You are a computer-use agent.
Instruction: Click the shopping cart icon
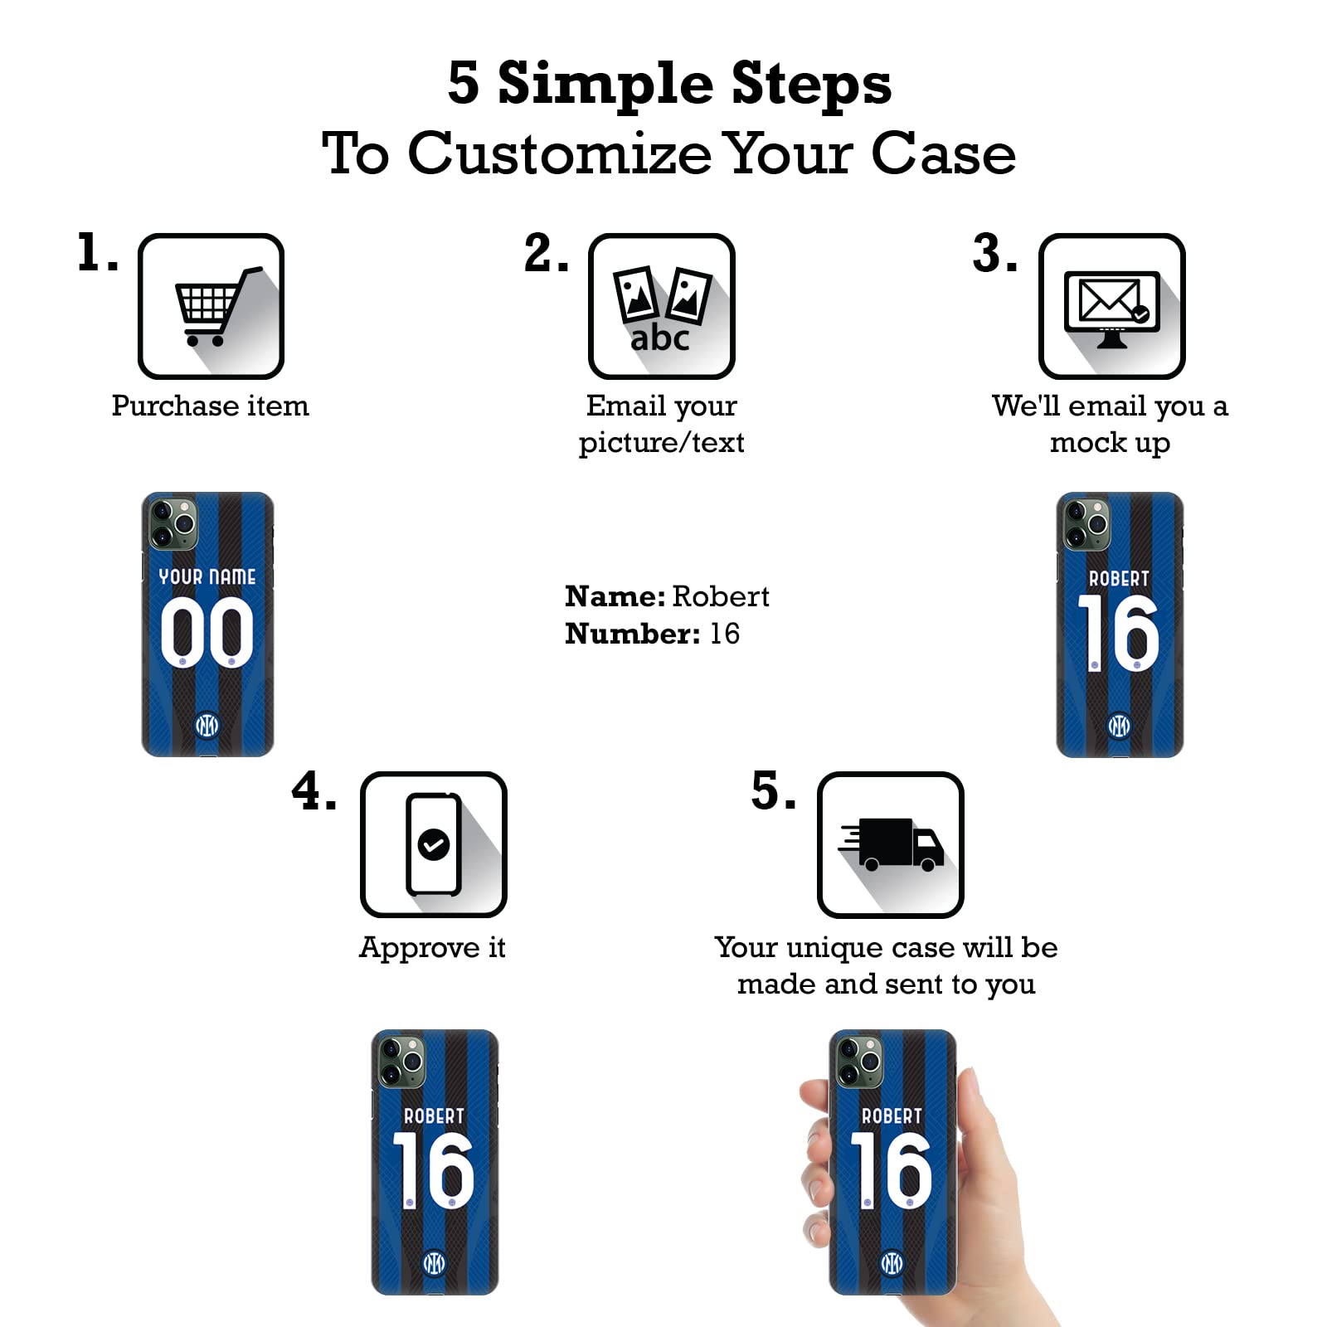pyautogui.click(x=211, y=306)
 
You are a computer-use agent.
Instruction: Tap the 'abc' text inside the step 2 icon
pyautogui.click(x=659, y=338)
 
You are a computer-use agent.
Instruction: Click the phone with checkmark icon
pyautogui.click(x=433, y=844)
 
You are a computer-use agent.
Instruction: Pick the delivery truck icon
pyautogui.click(x=892, y=844)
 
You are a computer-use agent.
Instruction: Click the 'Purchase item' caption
pyautogui.click(x=210, y=406)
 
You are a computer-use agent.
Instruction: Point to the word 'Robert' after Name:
pyautogui.click(x=720, y=596)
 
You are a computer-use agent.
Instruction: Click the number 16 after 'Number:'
pyautogui.click(x=724, y=634)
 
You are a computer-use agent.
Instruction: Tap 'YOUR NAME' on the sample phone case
pyautogui.click(x=207, y=576)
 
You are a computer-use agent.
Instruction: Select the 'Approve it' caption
pyautogui.click(x=432, y=947)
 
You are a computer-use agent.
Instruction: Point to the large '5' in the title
pyautogui.click(x=464, y=83)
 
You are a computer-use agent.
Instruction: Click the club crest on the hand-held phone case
pyautogui.click(x=892, y=1263)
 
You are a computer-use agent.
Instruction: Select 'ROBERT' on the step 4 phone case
pyautogui.click(x=434, y=1116)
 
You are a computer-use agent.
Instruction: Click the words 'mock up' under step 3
pyautogui.click(x=1110, y=443)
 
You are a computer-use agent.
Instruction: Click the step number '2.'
pyautogui.click(x=546, y=254)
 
